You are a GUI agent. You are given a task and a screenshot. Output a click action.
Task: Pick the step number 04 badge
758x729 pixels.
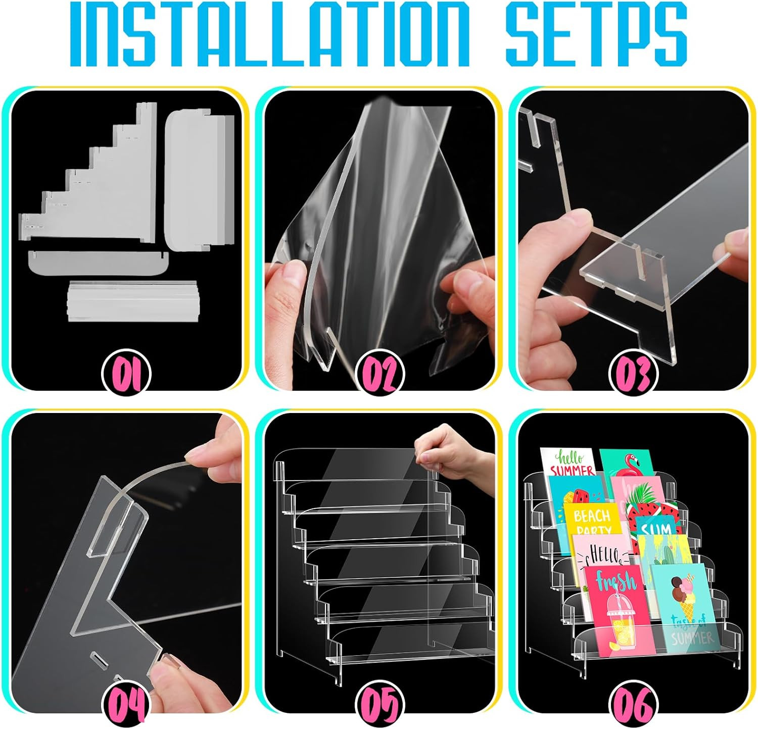point(126,703)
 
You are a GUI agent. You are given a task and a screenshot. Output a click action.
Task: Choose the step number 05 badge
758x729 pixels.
point(380,703)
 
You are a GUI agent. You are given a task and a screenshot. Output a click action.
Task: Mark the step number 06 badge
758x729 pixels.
point(633,703)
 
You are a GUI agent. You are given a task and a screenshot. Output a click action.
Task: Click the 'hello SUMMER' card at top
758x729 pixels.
point(568,462)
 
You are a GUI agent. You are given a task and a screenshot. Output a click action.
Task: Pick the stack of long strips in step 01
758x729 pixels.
point(131,300)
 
